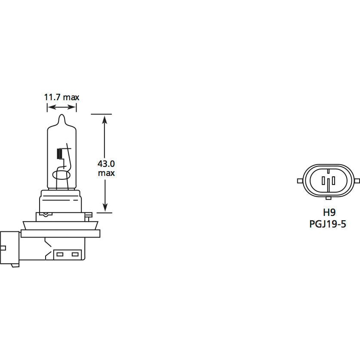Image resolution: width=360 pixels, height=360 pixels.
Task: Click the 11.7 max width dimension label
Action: [62, 97]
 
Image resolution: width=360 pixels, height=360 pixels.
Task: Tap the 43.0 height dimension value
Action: [106, 164]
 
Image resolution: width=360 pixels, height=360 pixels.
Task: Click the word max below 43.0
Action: [106, 173]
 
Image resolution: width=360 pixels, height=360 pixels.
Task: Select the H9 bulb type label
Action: [329, 212]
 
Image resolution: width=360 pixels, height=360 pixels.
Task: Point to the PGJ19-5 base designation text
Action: [328, 224]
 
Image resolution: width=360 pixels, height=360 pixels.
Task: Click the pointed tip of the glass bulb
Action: [62, 114]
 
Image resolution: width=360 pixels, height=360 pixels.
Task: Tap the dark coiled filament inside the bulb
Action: [59, 154]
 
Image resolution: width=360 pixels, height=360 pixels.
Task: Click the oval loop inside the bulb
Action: [61, 175]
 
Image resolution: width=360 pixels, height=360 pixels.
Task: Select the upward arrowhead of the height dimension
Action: [105, 120]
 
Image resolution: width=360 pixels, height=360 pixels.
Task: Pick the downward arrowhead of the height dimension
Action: [105, 207]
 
